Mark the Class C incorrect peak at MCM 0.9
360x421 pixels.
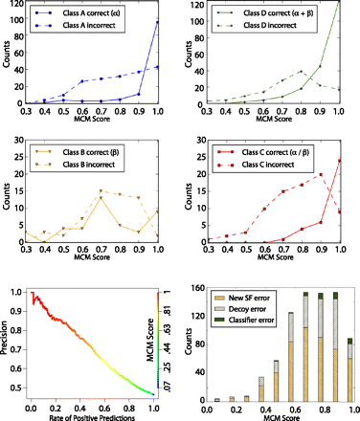pos(321,174)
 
